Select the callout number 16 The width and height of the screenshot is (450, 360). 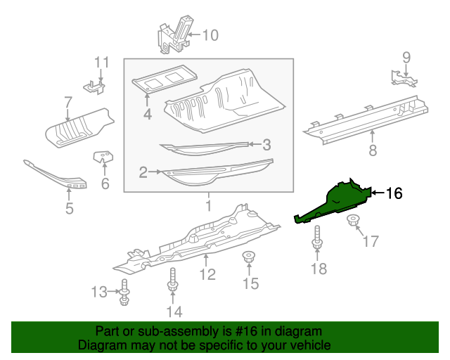(394, 193)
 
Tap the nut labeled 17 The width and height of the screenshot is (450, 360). (353, 223)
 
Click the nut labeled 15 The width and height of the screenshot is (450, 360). (248, 258)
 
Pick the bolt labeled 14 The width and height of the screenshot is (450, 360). (172, 283)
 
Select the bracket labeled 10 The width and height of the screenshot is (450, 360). (174, 35)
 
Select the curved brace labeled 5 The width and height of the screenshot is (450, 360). (56, 176)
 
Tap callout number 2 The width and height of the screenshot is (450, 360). (143, 171)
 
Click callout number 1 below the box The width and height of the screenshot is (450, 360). (208, 205)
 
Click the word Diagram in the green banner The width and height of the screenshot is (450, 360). (99, 345)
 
